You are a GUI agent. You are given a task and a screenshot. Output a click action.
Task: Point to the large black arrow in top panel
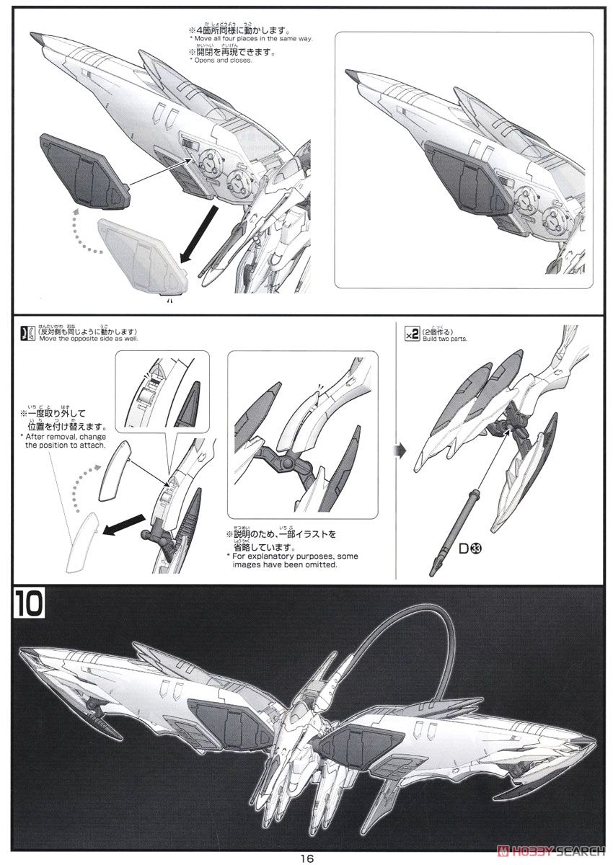(198, 232)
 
